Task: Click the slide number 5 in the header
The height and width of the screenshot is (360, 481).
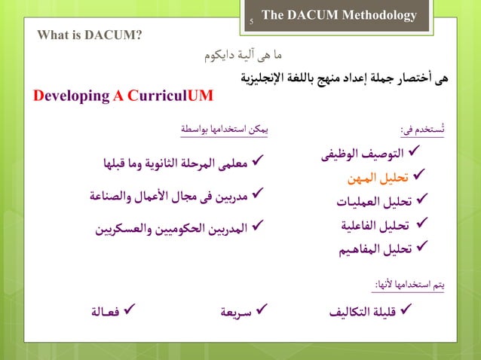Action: [251, 22]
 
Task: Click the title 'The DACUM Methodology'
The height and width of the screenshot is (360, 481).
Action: [339, 15]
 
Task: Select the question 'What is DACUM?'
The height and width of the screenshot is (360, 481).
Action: [89, 35]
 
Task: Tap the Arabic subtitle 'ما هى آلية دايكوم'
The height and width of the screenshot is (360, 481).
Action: [244, 55]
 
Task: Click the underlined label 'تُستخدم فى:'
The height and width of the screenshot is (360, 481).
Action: [422, 130]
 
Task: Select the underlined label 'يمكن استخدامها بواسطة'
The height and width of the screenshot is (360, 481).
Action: [224, 130]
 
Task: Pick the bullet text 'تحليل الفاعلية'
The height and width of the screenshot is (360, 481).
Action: [375, 225]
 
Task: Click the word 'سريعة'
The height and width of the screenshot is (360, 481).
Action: [237, 310]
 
